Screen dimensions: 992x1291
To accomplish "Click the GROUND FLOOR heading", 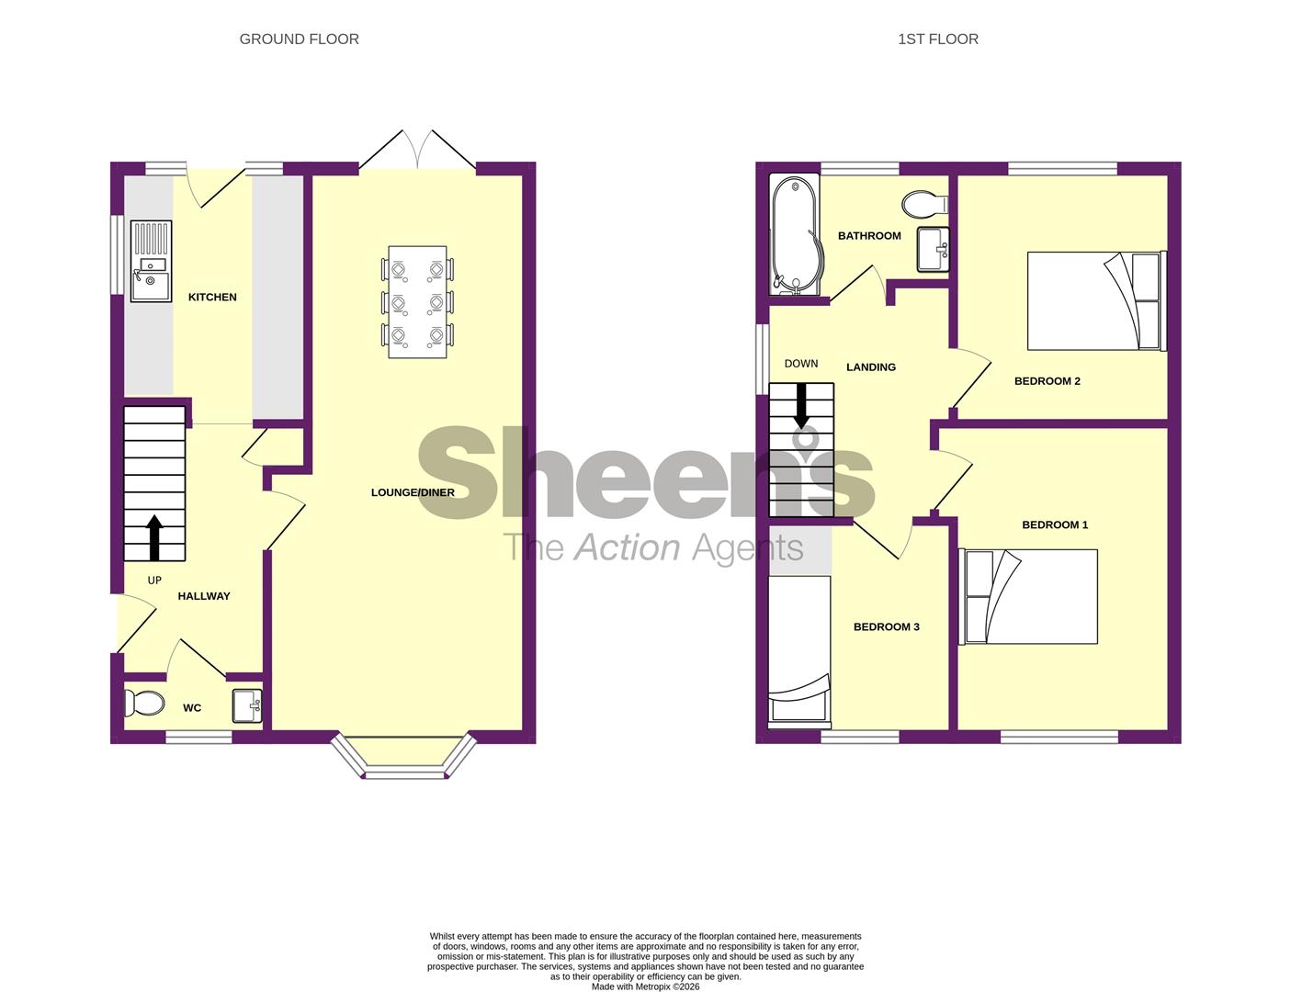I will pyautogui.click(x=299, y=39).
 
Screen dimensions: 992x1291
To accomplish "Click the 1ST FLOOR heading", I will pyautogui.click(x=937, y=39).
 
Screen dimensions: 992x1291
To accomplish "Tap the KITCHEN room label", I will pyautogui.click(x=212, y=297).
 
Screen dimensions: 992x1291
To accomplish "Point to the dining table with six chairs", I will pyautogui.click(x=417, y=301).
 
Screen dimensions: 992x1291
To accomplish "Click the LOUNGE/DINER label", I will pyautogui.click(x=413, y=492).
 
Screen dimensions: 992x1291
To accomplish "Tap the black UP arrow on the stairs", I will pyautogui.click(x=154, y=537).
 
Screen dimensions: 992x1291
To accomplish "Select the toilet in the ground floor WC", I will pyautogui.click(x=145, y=705).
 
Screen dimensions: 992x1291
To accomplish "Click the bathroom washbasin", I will pyautogui.click(x=933, y=249).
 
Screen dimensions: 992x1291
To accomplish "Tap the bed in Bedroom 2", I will pyautogui.click(x=1094, y=300).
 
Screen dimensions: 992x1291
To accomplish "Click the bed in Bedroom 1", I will pyautogui.click(x=1028, y=596).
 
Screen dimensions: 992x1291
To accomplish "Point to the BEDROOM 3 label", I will pyautogui.click(x=886, y=627).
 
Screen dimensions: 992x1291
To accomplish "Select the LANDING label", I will pyautogui.click(x=870, y=367).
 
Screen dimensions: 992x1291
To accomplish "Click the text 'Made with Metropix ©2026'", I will pyautogui.click(x=645, y=986).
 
